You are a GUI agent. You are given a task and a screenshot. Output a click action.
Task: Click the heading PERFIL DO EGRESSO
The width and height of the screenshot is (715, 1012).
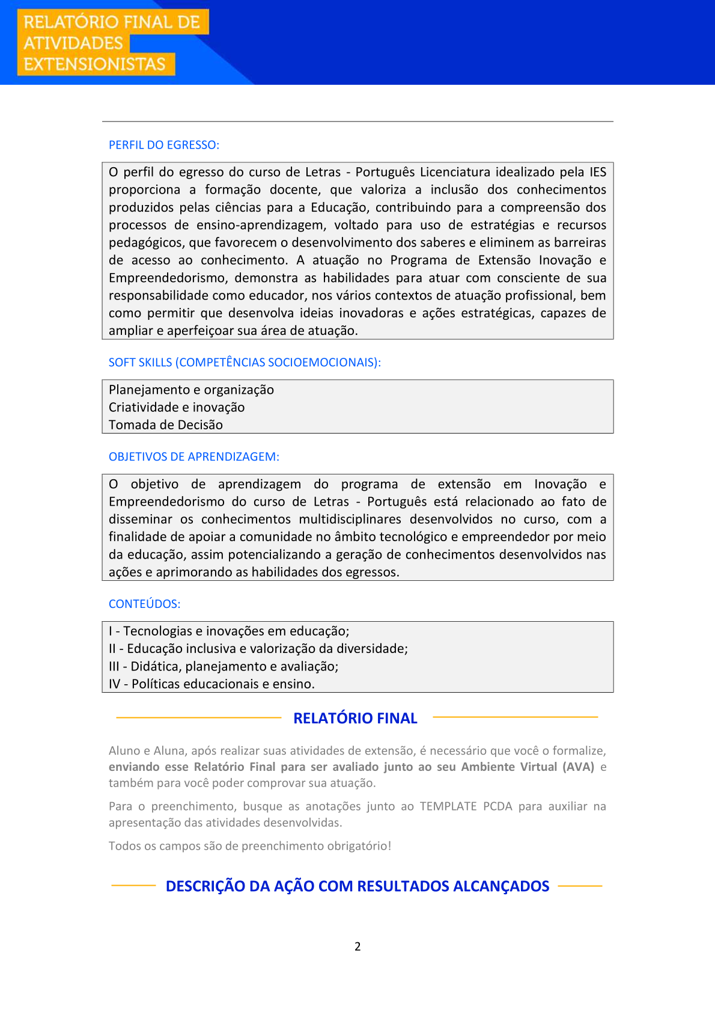[x=163, y=145]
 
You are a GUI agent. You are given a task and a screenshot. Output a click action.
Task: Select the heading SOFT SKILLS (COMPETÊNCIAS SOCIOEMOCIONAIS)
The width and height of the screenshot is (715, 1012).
[x=245, y=363]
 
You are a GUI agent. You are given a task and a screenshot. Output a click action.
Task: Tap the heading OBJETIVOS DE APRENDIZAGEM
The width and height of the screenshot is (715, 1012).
[x=193, y=457]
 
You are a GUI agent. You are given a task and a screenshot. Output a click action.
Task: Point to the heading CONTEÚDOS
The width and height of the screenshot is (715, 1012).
[x=144, y=604]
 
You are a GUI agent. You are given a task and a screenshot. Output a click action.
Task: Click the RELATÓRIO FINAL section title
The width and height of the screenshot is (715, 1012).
[x=355, y=719]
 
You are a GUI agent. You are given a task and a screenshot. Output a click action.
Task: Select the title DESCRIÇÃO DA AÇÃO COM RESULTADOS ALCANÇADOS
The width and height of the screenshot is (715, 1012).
[x=357, y=886]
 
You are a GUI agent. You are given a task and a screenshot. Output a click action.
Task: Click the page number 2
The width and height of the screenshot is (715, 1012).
[x=357, y=946]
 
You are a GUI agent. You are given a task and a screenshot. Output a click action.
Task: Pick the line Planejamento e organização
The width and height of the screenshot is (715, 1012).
[x=191, y=390]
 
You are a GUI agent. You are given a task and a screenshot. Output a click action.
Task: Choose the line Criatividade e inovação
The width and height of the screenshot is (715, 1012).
[x=177, y=408]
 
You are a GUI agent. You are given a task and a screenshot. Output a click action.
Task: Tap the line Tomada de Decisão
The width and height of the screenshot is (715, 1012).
[x=166, y=425]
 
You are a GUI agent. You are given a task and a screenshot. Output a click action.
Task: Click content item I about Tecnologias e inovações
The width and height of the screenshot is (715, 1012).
[x=229, y=631]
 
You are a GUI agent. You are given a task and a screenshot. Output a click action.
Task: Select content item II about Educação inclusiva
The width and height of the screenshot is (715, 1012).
[x=258, y=649]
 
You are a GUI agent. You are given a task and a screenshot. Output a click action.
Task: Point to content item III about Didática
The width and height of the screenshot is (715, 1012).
[x=224, y=667]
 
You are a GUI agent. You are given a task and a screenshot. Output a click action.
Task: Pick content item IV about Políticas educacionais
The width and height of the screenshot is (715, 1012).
[x=211, y=684]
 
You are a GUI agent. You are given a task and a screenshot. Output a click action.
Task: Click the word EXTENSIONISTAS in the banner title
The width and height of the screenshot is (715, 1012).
[x=94, y=64]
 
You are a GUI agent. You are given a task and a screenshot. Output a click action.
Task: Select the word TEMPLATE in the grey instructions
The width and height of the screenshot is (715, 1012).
[x=448, y=806]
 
